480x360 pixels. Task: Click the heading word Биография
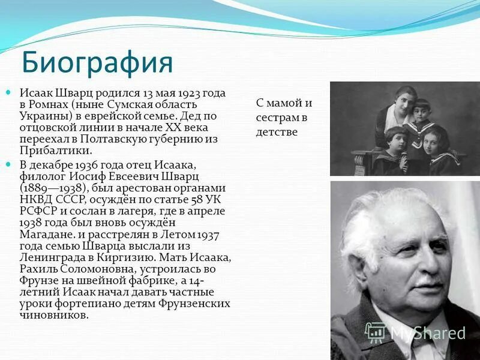(97, 62)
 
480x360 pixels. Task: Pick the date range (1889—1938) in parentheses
(55, 187)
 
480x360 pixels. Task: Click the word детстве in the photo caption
(277, 131)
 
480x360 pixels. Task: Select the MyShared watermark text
(427, 333)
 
